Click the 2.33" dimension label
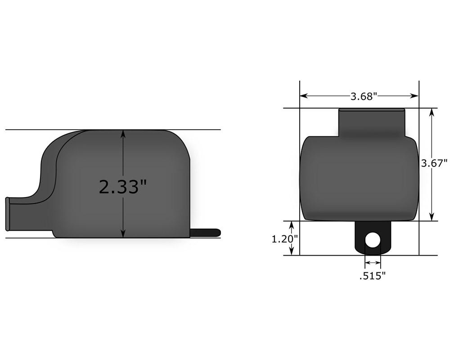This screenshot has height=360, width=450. [122, 187]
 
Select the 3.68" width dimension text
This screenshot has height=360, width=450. [364, 96]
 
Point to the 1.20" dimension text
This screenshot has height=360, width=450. [285, 238]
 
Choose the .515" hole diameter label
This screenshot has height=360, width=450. [372, 276]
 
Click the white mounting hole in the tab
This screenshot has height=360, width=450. [373, 240]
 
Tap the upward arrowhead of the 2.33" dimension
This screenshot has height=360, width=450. [123, 134]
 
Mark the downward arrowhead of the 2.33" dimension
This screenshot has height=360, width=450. [123, 234]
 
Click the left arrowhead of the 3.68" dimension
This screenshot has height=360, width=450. [304, 96]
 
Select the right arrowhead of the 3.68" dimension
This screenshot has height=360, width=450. [415, 96]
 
